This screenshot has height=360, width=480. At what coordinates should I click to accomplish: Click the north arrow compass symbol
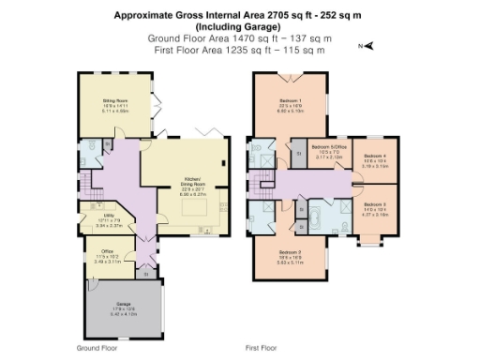(368, 44)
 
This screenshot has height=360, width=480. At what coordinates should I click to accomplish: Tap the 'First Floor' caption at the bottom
(264, 347)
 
